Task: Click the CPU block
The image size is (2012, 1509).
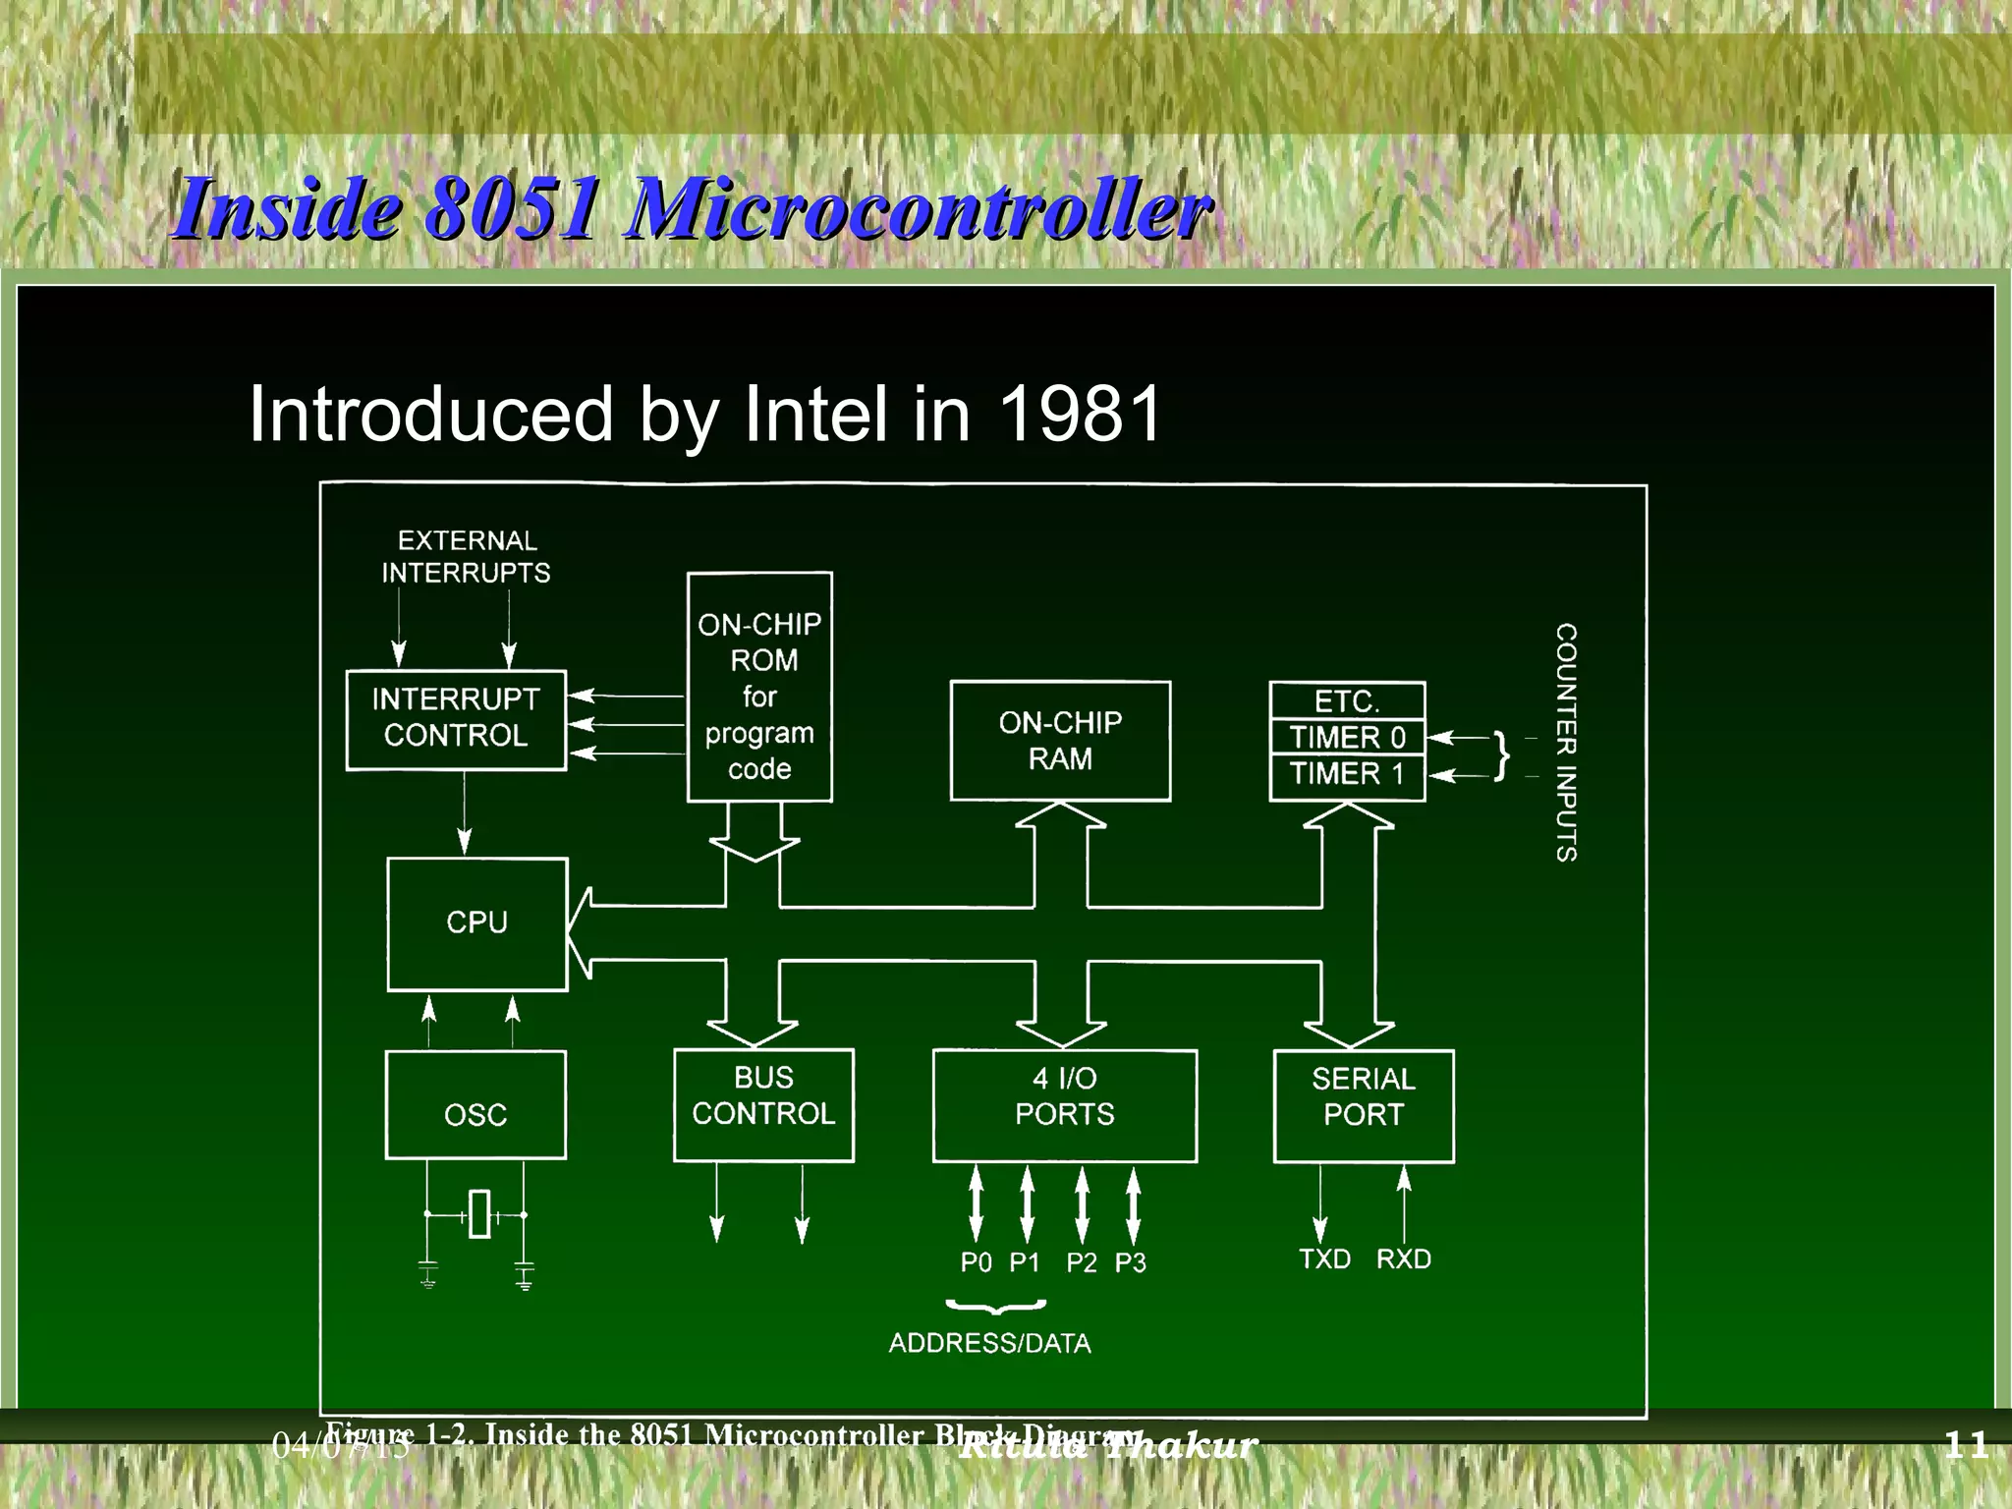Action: (476, 923)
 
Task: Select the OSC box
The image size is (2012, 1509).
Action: (475, 1105)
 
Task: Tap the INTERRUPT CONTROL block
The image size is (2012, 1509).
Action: (456, 719)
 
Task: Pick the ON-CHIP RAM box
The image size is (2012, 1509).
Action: (1060, 741)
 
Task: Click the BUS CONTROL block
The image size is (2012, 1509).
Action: (763, 1104)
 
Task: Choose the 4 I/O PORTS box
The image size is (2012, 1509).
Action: (1064, 1105)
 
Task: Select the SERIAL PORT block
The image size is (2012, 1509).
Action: (1363, 1105)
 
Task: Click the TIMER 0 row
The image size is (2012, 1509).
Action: (1347, 737)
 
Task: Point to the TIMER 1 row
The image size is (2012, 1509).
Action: (1347, 775)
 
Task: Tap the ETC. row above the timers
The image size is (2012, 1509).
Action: (1347, 701)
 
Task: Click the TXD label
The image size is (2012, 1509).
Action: (1324, 1259)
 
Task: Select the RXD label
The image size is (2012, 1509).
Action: (1403, 1259)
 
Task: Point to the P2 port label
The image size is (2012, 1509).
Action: (1081, 1262)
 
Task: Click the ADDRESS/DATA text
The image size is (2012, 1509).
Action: (989, 1343)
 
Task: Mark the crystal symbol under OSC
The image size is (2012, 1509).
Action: (478, 1214)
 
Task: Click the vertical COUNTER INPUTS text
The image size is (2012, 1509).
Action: (1566, 742)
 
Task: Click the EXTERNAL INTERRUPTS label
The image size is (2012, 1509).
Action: (466, 557)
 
